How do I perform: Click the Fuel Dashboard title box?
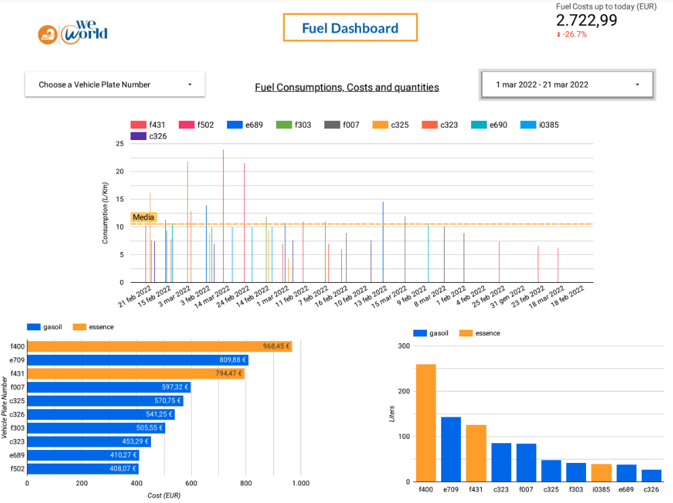tap(350, 28)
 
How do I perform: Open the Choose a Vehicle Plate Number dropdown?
tap(115, 84)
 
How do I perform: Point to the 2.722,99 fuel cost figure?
tap(587, 20)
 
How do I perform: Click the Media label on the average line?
tap(143, 218)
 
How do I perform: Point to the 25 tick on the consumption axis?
tap(120, 143)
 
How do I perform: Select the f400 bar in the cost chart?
tap(159, 347)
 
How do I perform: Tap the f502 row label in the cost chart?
tap(16, 469)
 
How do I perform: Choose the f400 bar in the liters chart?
tap(426, 423)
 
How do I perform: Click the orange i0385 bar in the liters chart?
tap(601, 472)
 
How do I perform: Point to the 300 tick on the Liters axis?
tap(404, 346)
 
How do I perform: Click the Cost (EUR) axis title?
tap(164, 496)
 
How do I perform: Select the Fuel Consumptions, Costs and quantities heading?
tap(347, 87)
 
